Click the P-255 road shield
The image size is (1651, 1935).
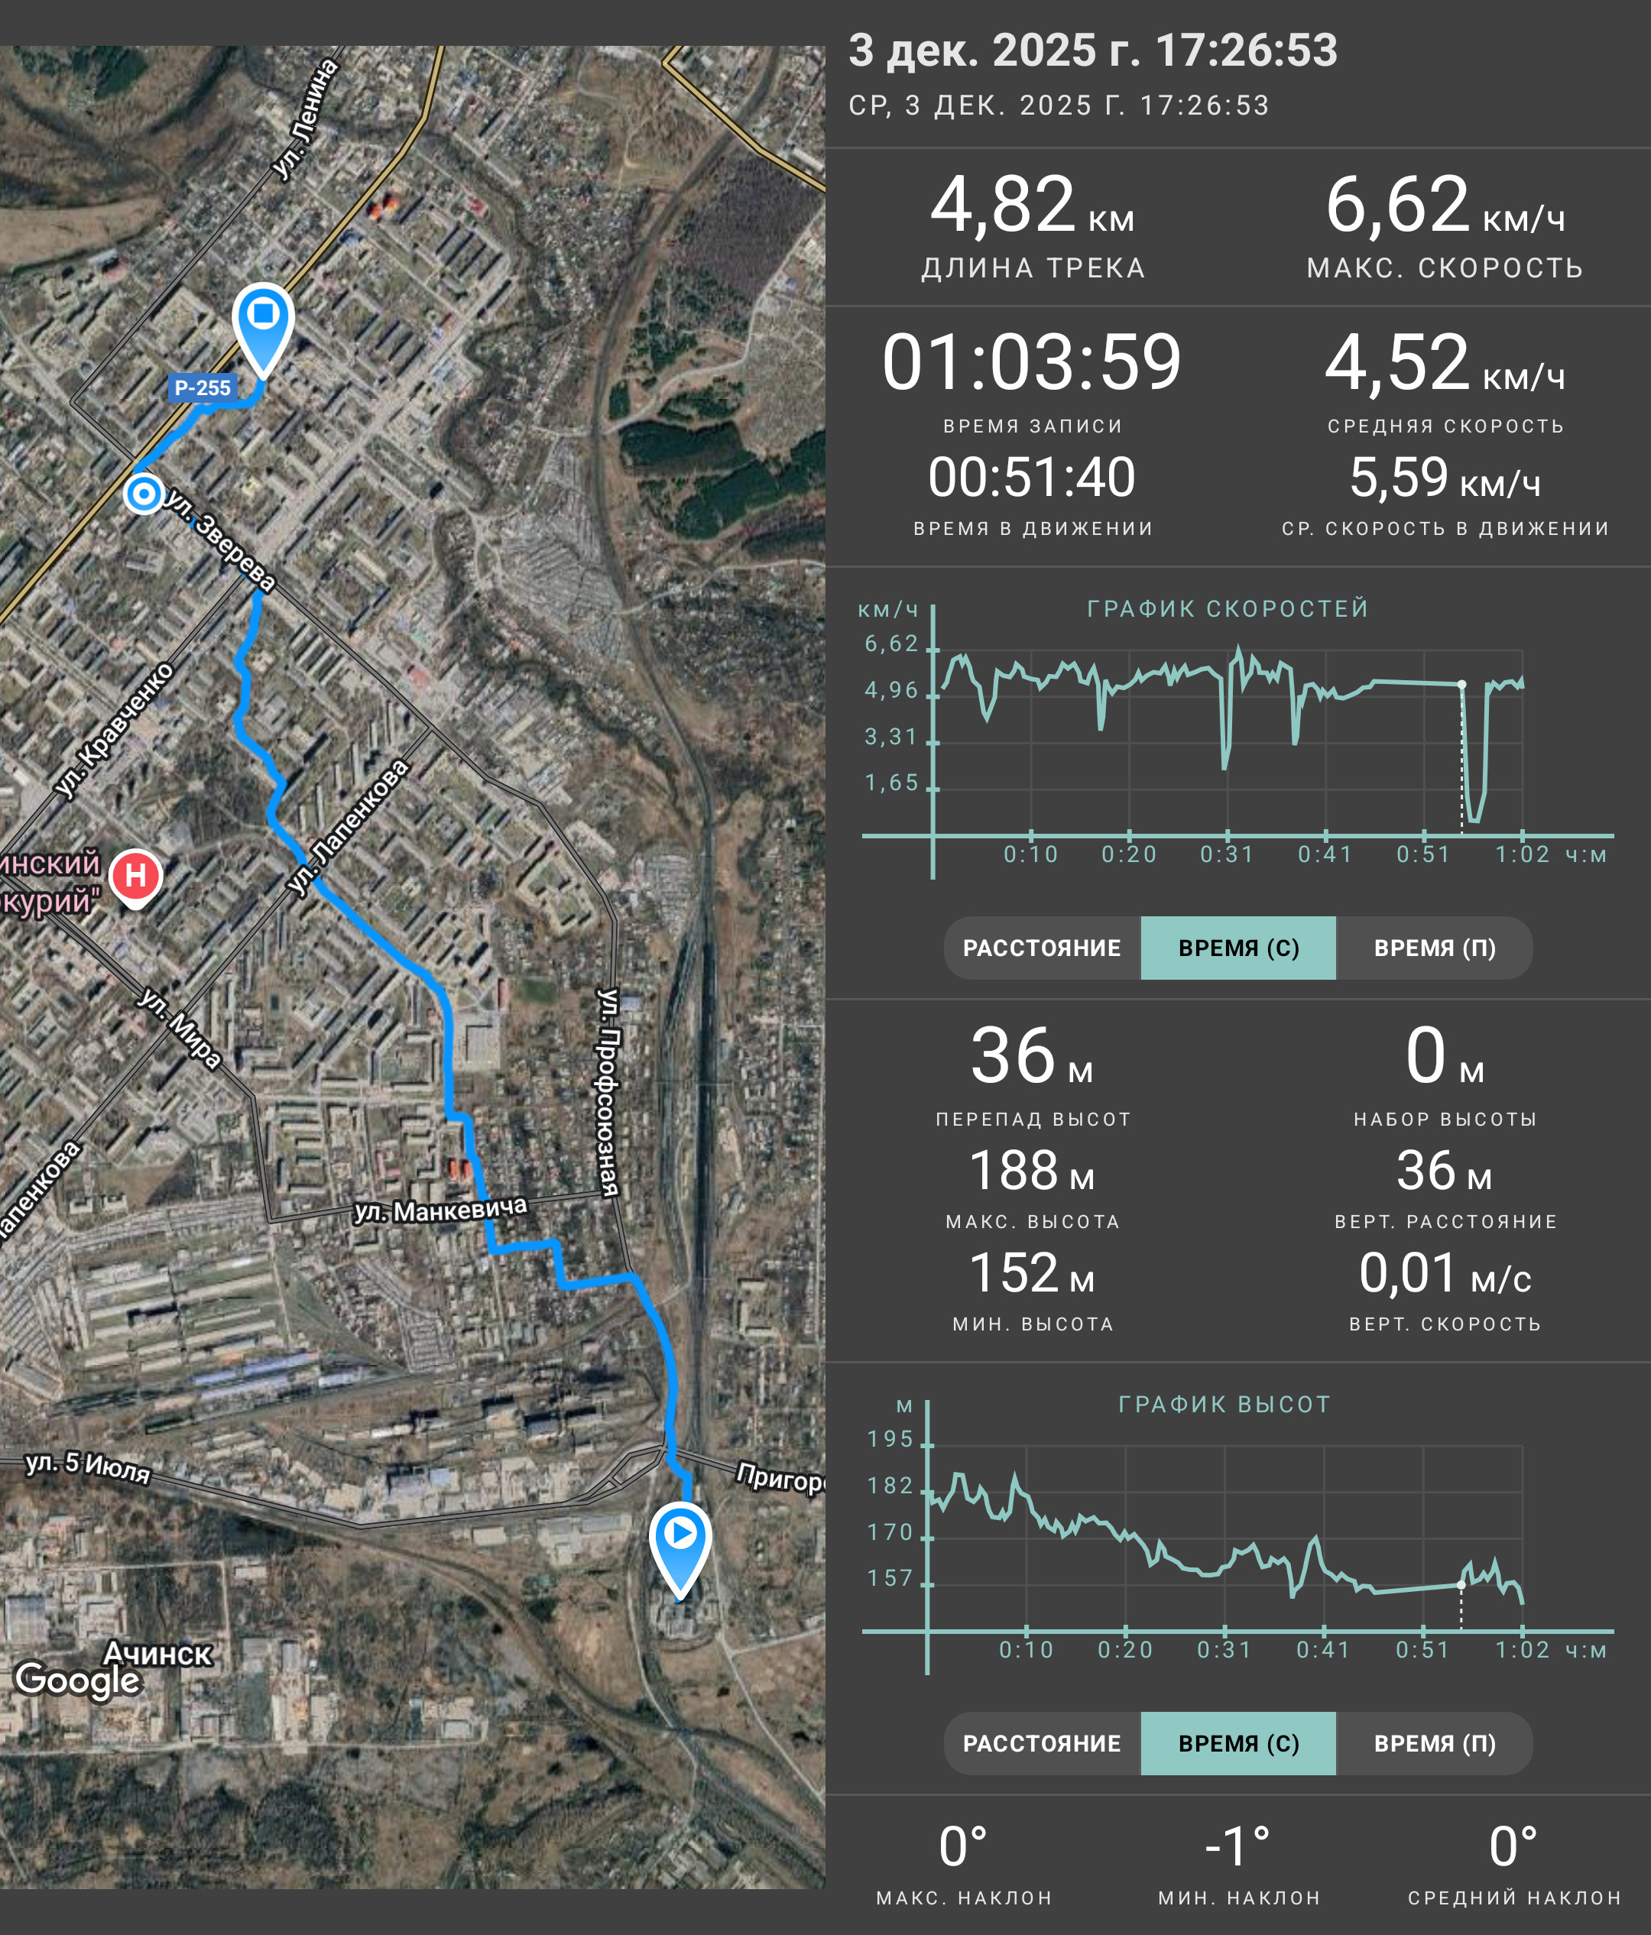tap(203, 387)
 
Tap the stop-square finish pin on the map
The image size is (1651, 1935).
tap(264, 328)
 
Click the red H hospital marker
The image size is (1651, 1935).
tap(135, 878)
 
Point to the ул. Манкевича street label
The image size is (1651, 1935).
tap(441, 1211)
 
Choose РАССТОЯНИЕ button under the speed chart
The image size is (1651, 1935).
tap(1042, 948)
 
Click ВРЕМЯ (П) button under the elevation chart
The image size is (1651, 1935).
tap(1435, 1743)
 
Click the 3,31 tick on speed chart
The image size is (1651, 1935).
tap(891, 737)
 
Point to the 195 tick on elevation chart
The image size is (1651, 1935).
tap(890, 1439)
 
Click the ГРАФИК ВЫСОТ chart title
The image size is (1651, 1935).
tap(1224, 1405)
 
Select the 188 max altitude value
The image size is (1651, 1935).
tap(1014, 1170)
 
